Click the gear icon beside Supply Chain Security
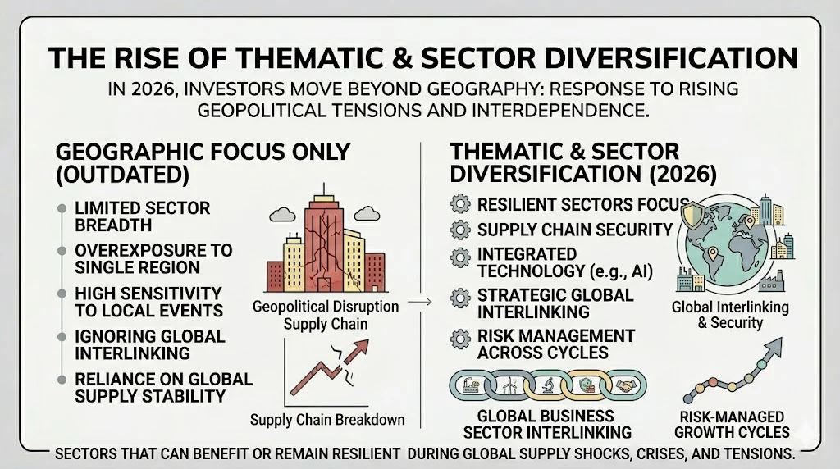coord(460,230)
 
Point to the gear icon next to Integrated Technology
coord(460,257)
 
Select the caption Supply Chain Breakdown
coord(327,420)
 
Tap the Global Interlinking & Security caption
coord(730,315)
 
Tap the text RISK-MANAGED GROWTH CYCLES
coord(733,424)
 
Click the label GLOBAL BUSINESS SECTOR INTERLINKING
coord(547,424)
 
